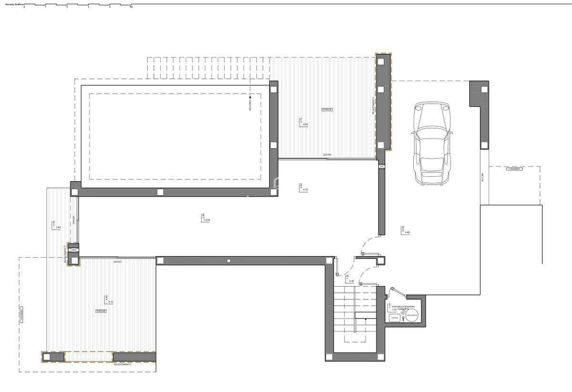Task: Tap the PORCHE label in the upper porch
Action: coord(327,110)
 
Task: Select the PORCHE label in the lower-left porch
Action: coord(101,311)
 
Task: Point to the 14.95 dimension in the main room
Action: coord(207,220)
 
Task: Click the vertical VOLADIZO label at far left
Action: coord(21,316)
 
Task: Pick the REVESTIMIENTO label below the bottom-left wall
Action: coord(123,364)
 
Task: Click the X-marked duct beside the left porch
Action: coord(73,249)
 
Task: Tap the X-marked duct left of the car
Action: coord(381,166)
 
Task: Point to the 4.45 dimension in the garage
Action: coord(407,232)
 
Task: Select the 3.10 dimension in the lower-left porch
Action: coord(110,302)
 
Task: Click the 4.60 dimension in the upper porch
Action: coord(306,124)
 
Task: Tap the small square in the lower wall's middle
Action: coord(229,261)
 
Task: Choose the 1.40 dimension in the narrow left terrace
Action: coord(58,228)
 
